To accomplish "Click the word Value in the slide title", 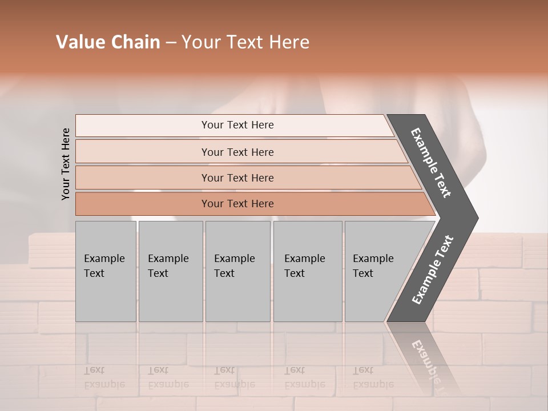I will (x=79, y=42).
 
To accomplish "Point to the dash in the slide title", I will (x=171, y=43).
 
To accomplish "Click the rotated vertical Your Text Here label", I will (x=66, y=164).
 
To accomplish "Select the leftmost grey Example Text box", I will (x=106, y=271).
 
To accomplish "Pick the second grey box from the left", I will (x=170, y=271).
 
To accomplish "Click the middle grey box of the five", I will (x=237, y=271).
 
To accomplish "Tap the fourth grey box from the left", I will (x=307, y=271).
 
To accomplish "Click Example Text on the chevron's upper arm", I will (x=432, y=163).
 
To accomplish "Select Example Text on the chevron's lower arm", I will (x=432, y=270).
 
